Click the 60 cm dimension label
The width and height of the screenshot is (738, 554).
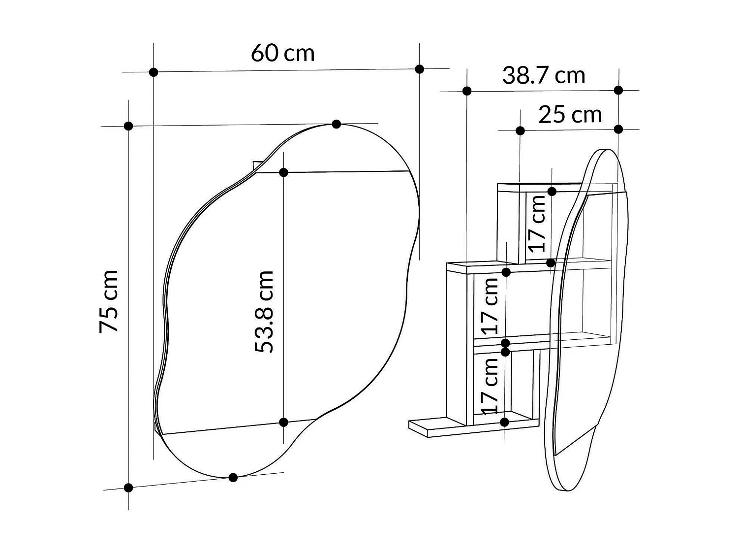click(x=282, y=53)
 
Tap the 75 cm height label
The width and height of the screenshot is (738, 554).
click(x=109, y=301)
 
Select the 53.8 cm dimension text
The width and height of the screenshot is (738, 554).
click(x=264, y=311)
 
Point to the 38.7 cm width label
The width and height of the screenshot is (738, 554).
click(x=544, y=76)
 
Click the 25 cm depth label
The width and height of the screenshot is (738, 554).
click(x=570, y=115)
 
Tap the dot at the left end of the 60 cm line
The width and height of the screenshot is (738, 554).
click(x=154, y=72)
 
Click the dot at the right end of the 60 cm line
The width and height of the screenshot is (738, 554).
click(x=420, y=69)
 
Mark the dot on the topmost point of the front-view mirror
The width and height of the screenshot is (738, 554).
click(x=337, y=124)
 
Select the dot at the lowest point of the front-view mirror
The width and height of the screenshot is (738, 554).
click(x=233, y=477)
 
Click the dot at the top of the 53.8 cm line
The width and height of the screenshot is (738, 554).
click(x=283, y=172)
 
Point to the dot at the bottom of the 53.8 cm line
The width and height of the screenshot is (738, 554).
click(x=283, y=422)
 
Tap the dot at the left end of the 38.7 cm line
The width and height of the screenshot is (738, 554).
click(x=467, y=91)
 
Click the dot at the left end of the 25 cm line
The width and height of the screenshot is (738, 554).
click(x=520, y=130)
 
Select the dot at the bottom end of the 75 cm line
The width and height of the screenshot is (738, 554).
click(x=128, y=488)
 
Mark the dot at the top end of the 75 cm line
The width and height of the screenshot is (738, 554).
click(x=128, y=126)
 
